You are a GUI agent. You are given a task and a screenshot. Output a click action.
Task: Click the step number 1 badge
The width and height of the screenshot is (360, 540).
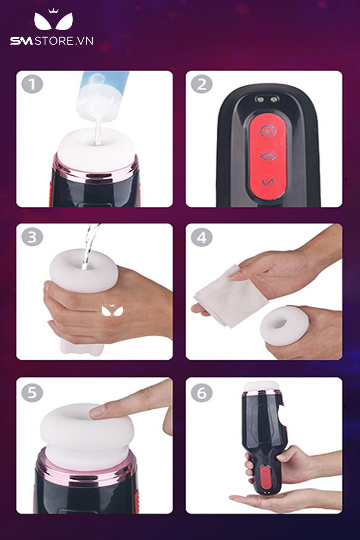pos(32,84)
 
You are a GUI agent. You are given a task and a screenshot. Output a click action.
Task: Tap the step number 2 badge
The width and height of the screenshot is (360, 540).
pos(202,84)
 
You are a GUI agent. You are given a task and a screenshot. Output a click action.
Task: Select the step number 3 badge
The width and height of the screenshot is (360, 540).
pos(32,237)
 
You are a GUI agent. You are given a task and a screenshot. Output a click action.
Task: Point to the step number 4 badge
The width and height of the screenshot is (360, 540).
pos(202,237)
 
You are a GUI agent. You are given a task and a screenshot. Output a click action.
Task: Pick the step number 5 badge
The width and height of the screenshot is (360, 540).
pos(32,392)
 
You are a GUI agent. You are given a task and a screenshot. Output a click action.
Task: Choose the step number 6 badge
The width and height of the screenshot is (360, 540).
pos(202,392)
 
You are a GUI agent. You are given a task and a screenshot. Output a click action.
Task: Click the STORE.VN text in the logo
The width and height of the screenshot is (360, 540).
pos(64,41)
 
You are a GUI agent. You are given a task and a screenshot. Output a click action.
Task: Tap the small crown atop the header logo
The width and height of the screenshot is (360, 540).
pos(53,11)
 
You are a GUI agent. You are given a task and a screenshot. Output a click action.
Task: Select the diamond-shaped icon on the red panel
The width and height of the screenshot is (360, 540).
pos(268,157)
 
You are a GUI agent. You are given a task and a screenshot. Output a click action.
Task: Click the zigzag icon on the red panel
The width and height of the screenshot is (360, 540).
pos(268,182)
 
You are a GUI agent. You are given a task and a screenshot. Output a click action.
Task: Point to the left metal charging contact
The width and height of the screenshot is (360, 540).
pos(260,100)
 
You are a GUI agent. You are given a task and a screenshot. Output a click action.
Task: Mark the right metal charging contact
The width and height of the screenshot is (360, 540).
pos(274,100)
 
